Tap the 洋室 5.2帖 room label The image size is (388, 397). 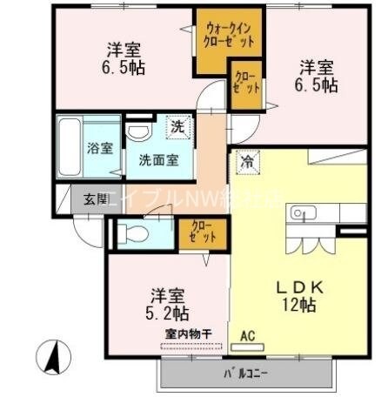click(x=167, y=303)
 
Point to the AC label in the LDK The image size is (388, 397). click(x=247, y=334)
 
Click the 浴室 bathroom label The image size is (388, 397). click(x=99, y=147)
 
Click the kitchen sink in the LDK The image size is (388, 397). click(x=302, y=213)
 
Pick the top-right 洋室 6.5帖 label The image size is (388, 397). click(x=319, y=76)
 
